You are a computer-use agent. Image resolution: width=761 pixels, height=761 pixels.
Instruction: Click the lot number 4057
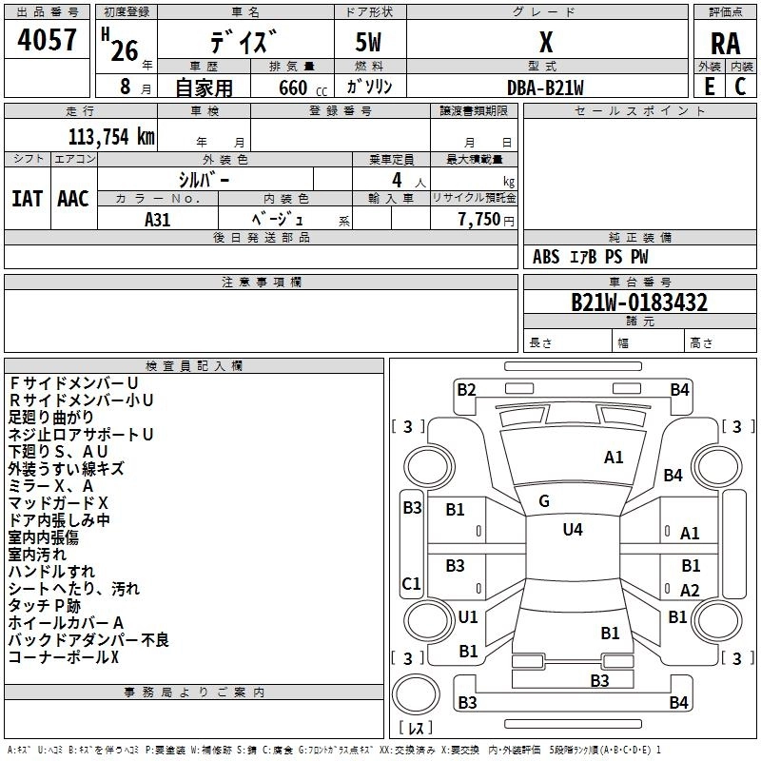pyautogui.click(x=48, y=43)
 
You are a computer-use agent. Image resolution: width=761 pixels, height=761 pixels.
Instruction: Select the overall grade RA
pyautogui.click(x=725, y=43)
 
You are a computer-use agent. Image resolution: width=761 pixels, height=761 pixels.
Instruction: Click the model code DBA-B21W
pyautogui.click(x=545, y=87)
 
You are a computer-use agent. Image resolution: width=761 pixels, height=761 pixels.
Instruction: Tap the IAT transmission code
pyautogui.click(x=27, y=199)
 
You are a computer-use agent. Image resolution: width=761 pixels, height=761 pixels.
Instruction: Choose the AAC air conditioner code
pyautogui.click(x=73, y=199)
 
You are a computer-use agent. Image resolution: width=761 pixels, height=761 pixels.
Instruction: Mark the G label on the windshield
pyautogui.click(x=544, y=501)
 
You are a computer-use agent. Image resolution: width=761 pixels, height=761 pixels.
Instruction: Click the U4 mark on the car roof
pyautogui.click(x=573, y=529)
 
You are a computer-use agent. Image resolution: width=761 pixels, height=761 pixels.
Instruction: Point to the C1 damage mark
pyautogui.click(x=412, y=583)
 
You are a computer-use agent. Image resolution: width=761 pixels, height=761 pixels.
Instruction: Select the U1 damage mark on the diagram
pyautogui.click(x=468, y=616)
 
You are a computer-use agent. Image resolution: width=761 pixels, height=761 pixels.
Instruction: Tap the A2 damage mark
pyautogui.click(x=690, y=590)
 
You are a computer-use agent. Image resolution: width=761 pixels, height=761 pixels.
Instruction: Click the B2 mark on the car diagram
pyautogui.click(x=466, y=389)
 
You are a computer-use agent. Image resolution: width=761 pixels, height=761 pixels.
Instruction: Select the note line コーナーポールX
pyautogui.click(x=64, y=656)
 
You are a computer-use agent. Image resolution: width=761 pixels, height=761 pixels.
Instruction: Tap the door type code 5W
pyautogui.click(x=370, y=43)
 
